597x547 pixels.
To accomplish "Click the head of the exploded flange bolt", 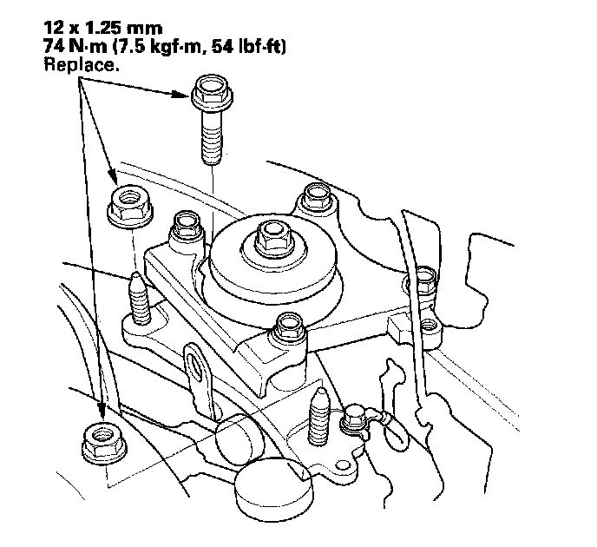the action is click(x=209, y=90).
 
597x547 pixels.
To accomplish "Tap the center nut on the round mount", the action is click(x=270, y=233).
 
